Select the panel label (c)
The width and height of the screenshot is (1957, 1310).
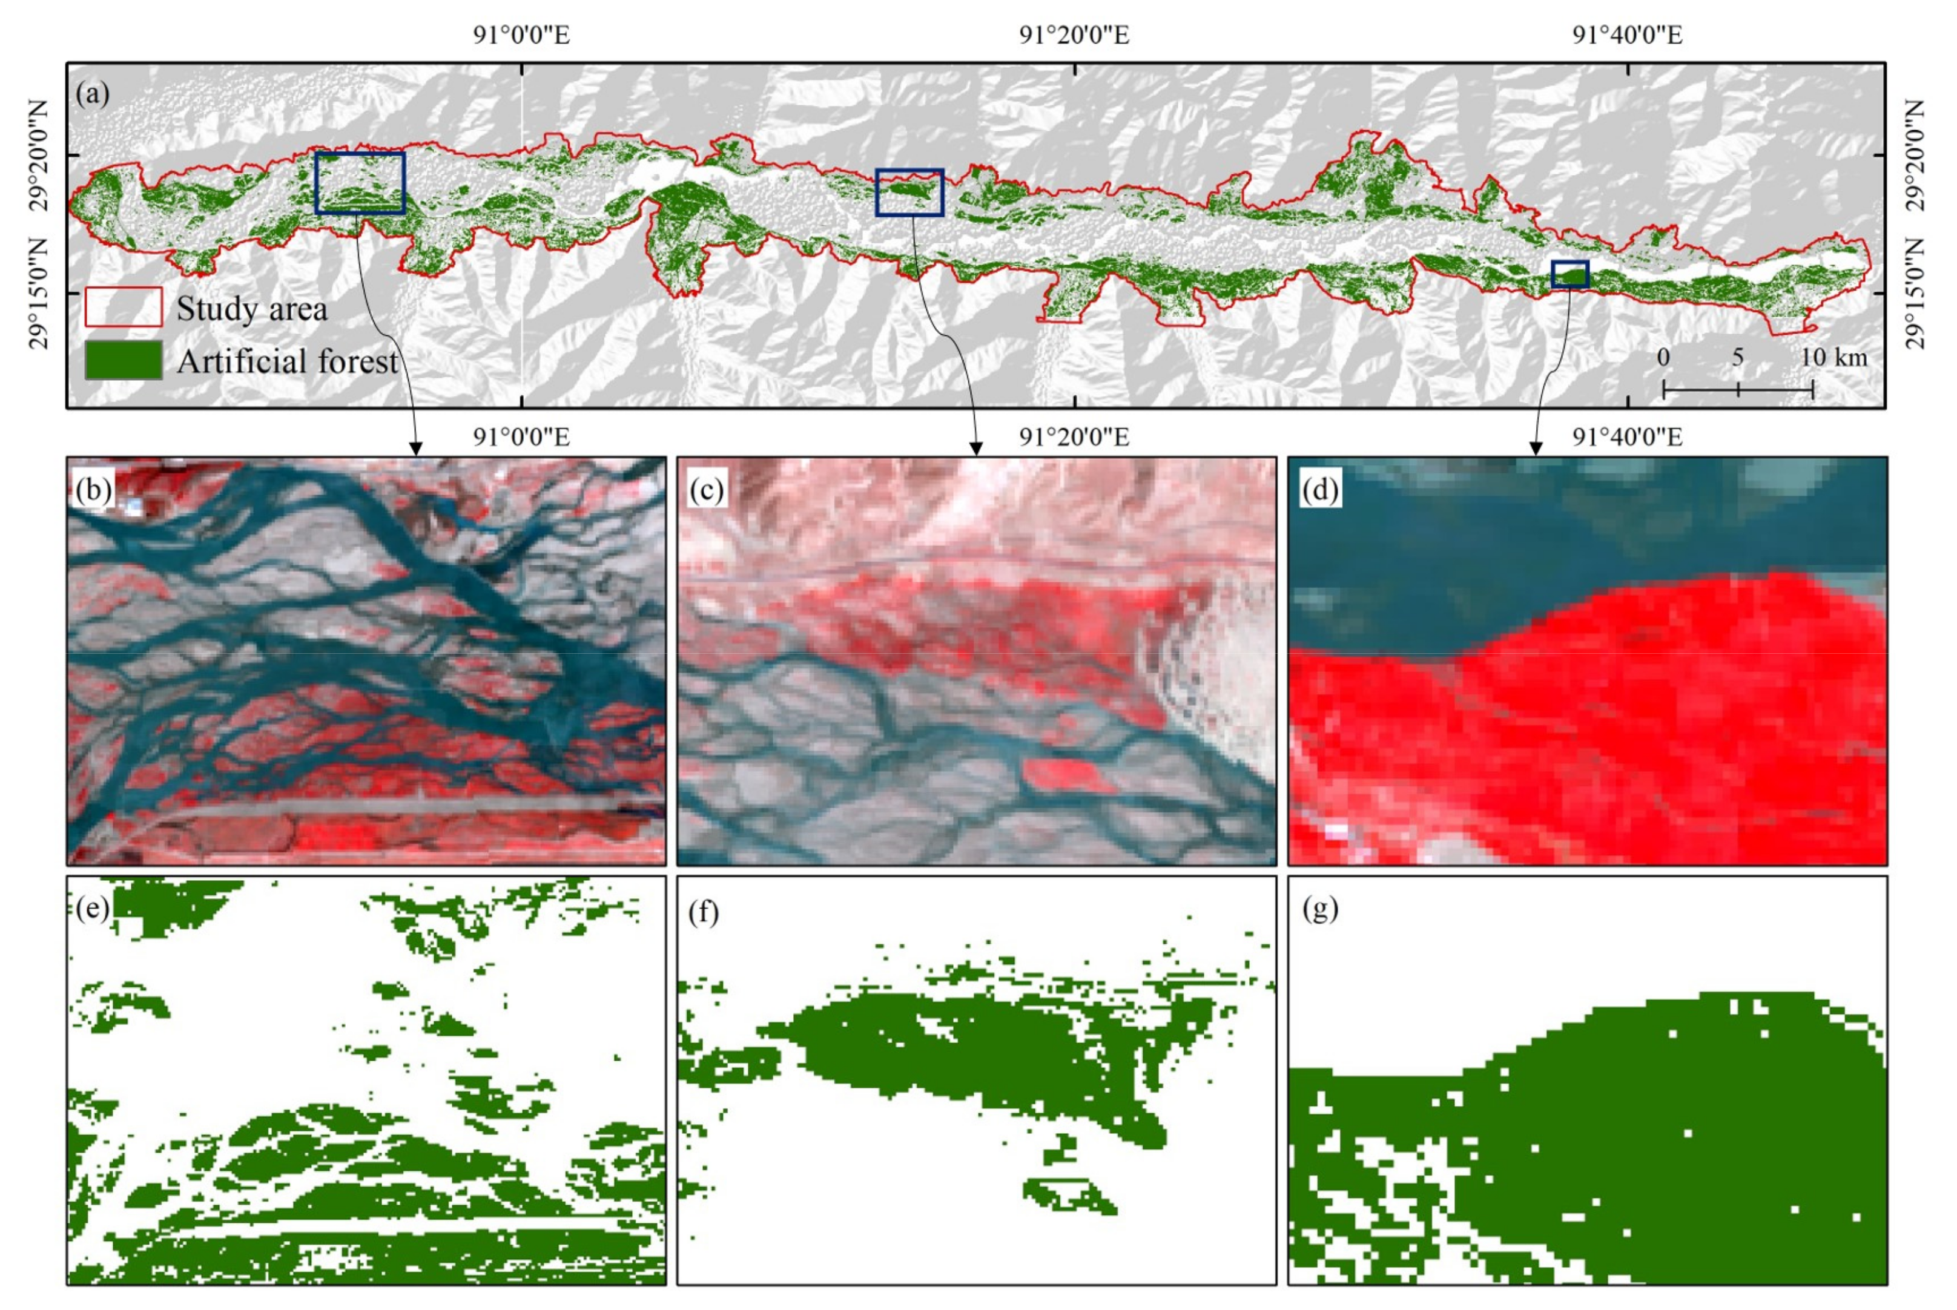point(706,490)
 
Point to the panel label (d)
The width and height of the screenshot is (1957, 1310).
point(1319,490)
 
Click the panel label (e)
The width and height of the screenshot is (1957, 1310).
point(92,908)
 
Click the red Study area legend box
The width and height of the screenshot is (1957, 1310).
point(123,308)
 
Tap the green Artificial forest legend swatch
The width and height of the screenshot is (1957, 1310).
point(123,361)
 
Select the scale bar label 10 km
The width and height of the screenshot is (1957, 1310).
point(1833,358)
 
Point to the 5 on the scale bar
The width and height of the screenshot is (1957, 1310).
point(1737,358)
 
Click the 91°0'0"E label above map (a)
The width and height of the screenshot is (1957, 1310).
point(521,35)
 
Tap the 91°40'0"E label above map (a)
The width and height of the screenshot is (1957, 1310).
point(1627,35)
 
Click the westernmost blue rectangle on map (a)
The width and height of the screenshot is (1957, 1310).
point(360,183)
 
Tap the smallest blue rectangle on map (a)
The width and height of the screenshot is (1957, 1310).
point(1569,274)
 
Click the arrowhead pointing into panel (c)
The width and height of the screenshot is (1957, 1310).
point(975,449)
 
